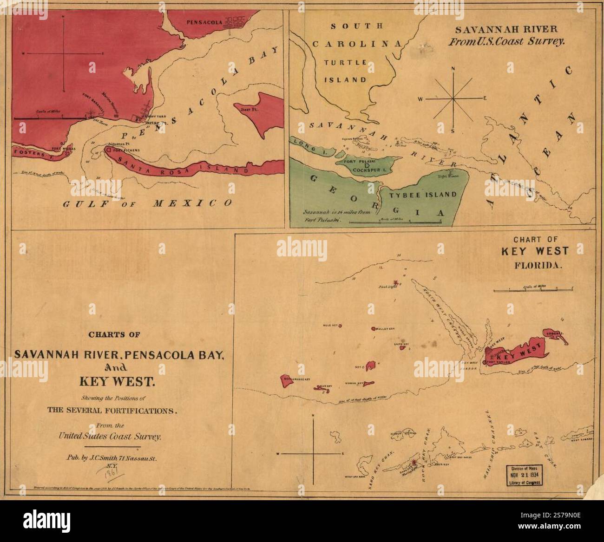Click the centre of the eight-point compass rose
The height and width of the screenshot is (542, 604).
coord(453,98)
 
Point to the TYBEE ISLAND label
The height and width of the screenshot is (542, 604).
coord(423,195)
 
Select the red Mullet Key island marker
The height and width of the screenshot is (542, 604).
coord(374,328)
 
